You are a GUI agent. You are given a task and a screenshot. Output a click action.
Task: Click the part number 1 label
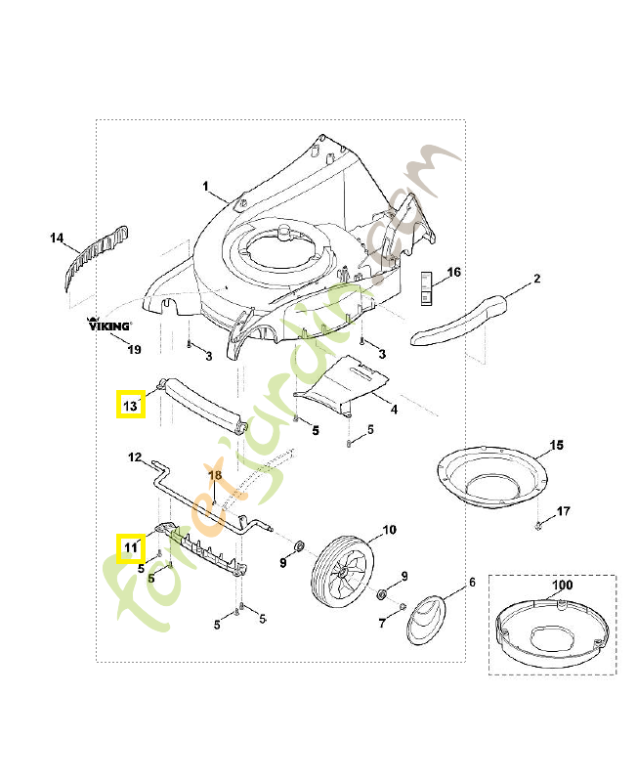(206, 186)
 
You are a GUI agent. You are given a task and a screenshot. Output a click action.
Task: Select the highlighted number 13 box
(131, 405)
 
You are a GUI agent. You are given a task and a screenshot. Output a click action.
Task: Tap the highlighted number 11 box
(131, 548)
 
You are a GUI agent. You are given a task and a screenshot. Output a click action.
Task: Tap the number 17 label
(563, 511)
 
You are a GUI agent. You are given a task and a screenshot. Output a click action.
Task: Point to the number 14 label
(57, 238)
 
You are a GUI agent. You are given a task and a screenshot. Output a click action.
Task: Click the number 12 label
(135, 456)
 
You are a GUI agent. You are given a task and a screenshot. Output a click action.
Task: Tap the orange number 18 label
(215, 475)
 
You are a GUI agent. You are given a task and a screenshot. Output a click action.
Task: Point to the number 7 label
(382, 623)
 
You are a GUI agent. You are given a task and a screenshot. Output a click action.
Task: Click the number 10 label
(389, 531)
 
